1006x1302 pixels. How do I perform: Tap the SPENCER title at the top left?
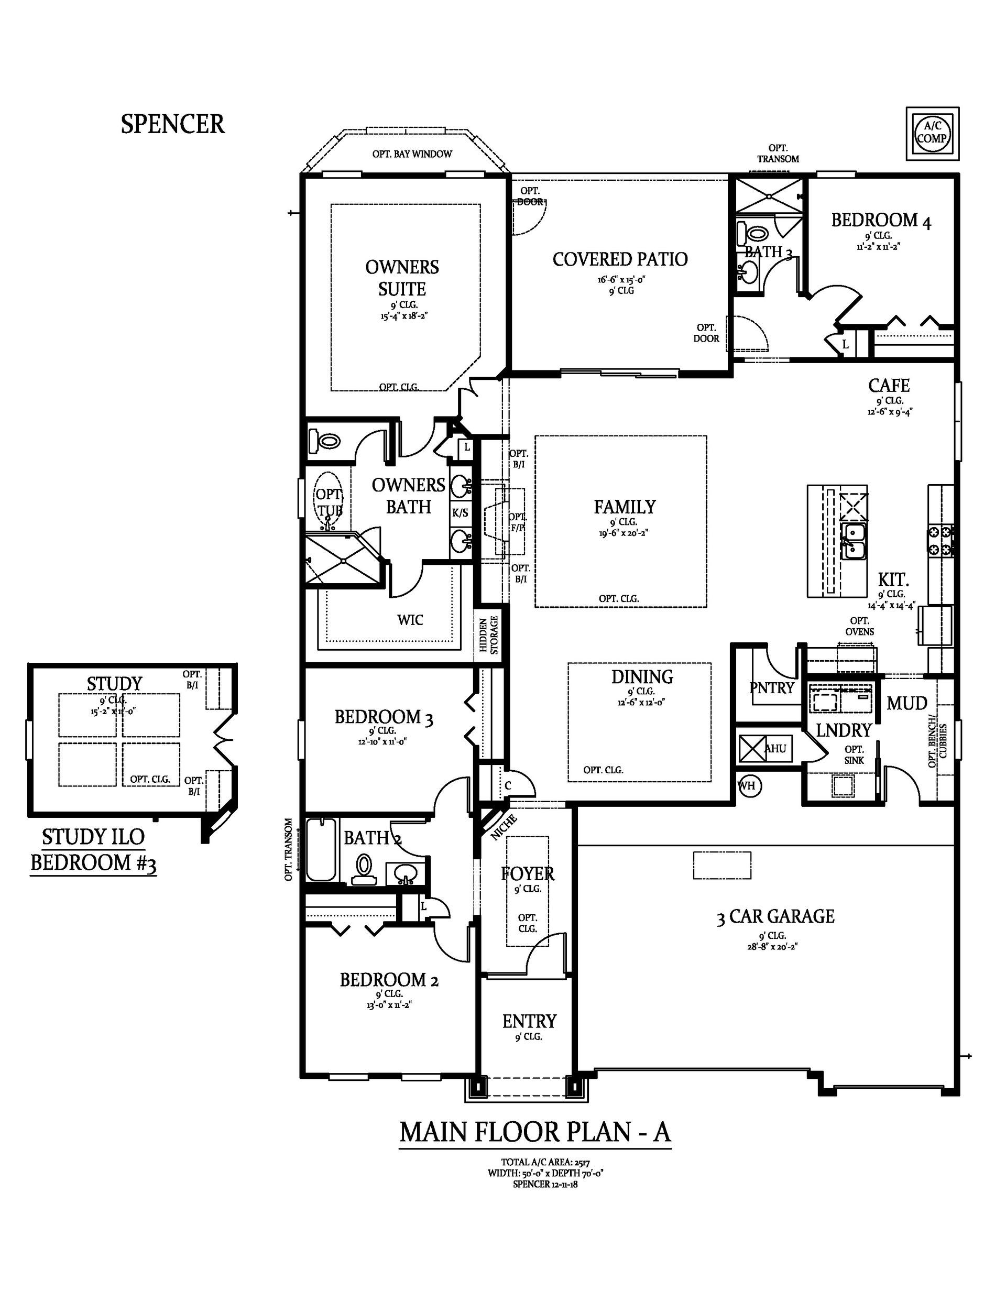173,124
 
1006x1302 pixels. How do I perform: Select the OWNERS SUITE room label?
402,277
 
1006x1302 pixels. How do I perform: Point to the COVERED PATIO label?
620,259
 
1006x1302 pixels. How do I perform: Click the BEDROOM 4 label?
881,221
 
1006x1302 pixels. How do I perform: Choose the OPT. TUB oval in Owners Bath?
329,501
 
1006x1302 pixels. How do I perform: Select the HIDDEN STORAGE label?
489,635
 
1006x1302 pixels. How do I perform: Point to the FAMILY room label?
625,507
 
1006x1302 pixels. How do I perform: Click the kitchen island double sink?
854,541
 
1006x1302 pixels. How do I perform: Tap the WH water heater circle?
747,785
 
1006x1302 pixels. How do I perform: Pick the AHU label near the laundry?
775,748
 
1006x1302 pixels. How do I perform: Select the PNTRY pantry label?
772,688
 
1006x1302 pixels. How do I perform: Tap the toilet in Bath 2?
364,870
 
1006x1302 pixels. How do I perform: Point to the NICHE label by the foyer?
504,827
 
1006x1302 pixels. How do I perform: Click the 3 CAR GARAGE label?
775,916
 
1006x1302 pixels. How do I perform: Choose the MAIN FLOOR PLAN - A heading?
535,1132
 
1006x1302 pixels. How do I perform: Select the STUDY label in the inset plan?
115,684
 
